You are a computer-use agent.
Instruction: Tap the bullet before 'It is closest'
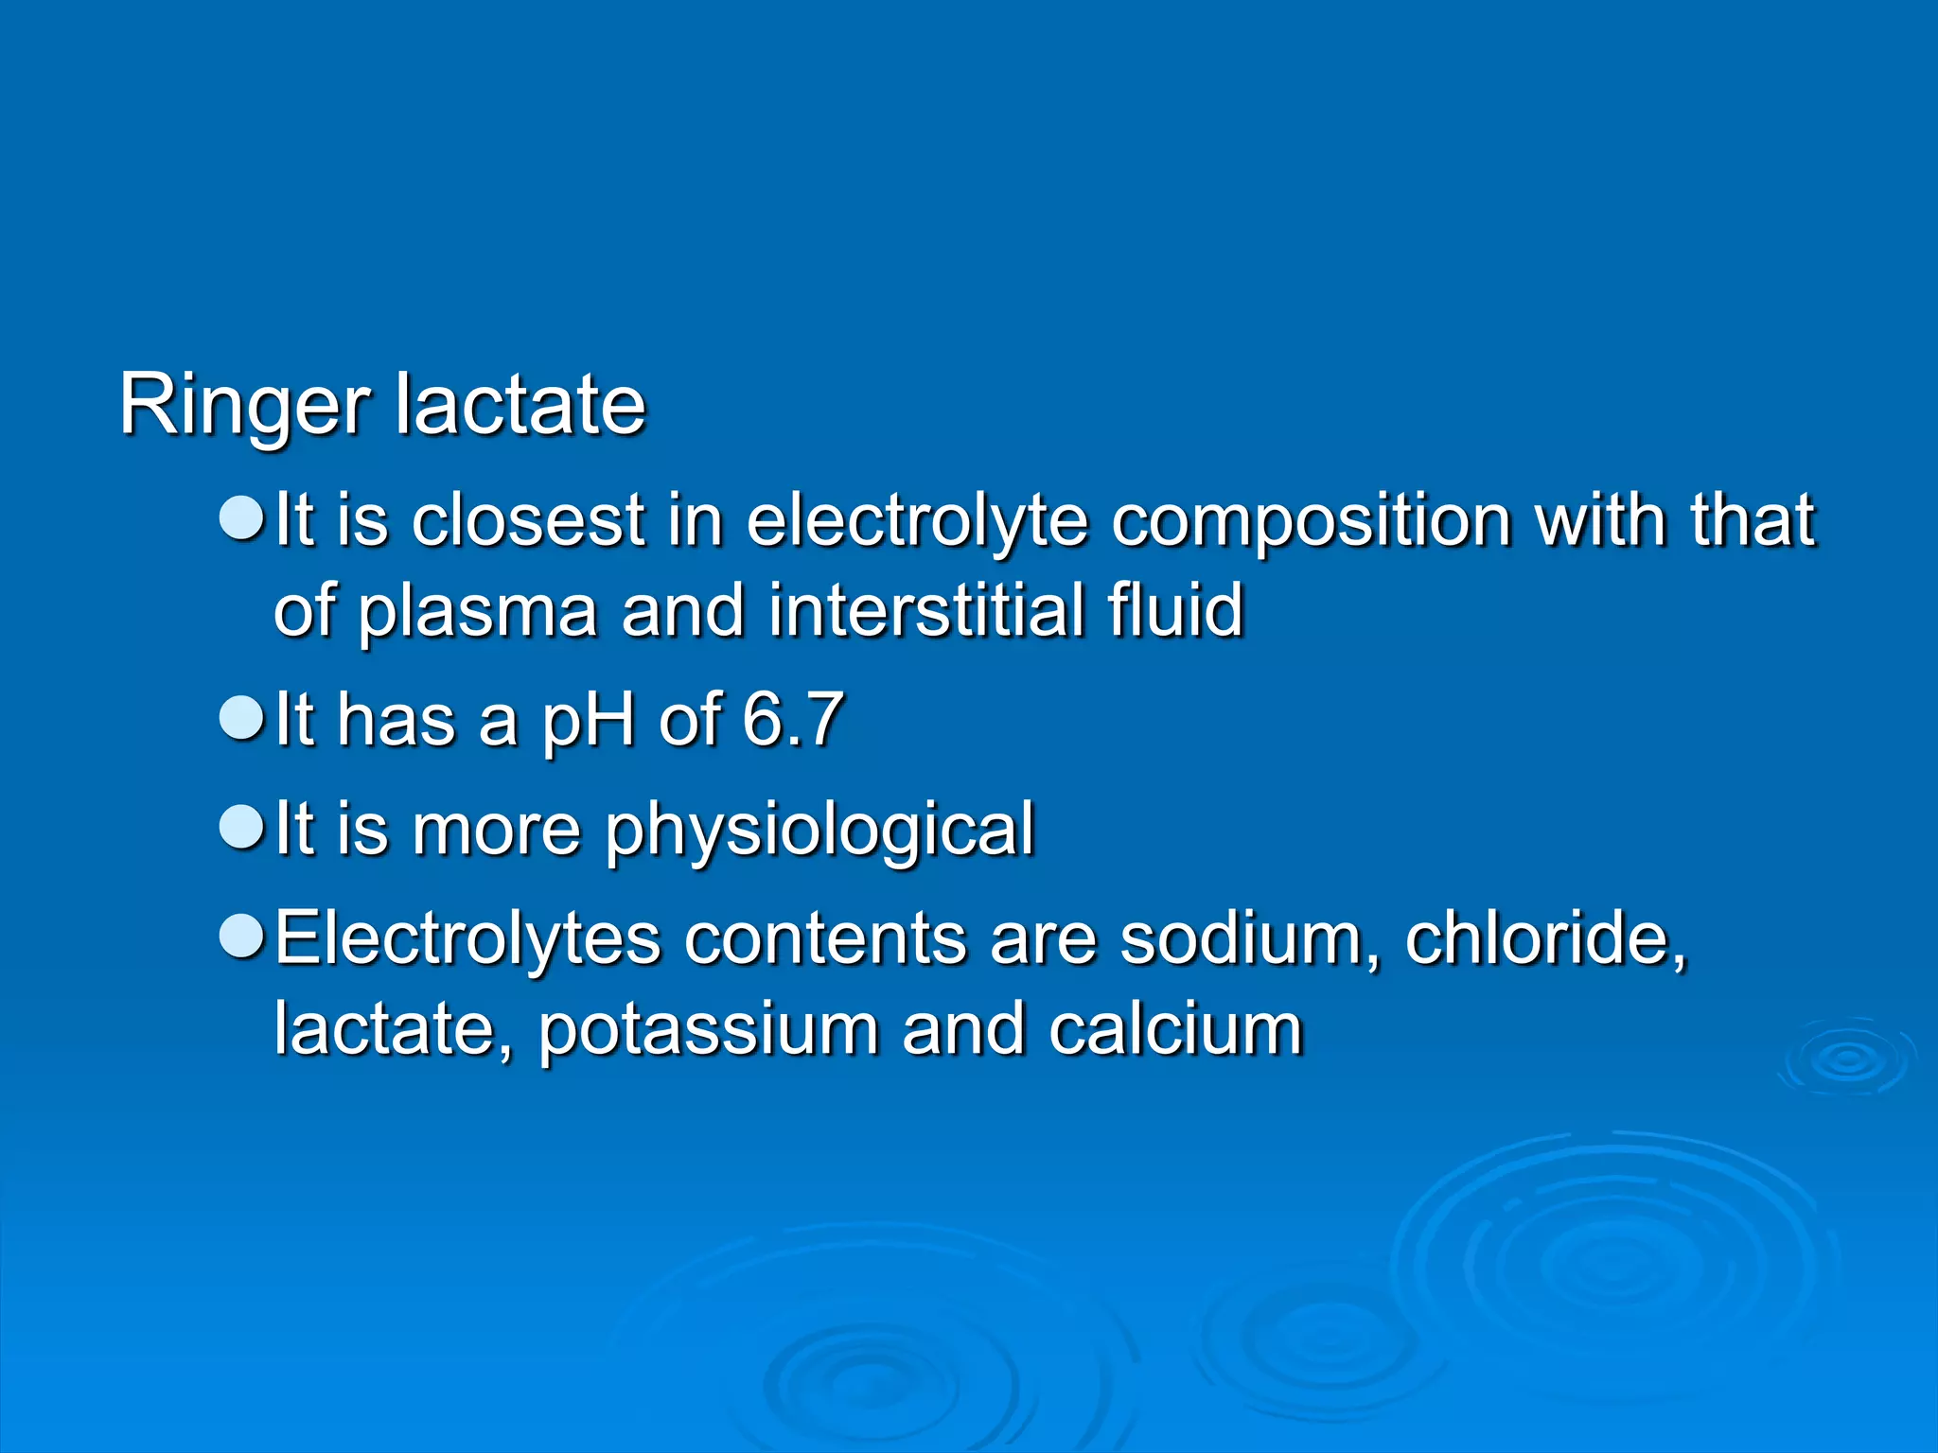[241, 519]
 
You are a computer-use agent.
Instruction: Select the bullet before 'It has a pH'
[241, 719]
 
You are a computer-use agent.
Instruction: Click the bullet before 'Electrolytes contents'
[241, 937]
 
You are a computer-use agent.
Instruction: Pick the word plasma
[477, 612]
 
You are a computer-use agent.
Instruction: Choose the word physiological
[819, 831]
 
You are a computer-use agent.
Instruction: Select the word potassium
[709, 1030]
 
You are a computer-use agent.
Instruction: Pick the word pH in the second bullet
[588, 721]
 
